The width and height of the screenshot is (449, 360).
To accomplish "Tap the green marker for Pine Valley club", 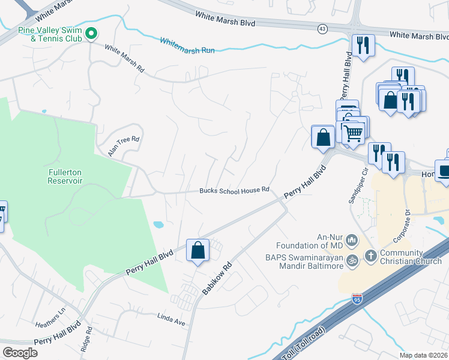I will pyautogui.click(x=91, y=34).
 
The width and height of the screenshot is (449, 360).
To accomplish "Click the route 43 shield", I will pyautogui.click(x=323, y=29).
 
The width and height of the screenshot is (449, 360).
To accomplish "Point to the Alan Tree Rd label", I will pyautogui.click(x=124, y=146).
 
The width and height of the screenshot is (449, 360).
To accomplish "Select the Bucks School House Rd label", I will pyautogui.click(x=234, y=190).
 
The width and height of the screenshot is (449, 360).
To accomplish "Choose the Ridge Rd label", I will pyautogui.click(x=89, y=338).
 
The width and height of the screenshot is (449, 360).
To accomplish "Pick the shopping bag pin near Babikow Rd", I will pyautogui.click(x=198, y=251).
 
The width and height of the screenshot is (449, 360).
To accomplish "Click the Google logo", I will pyautogui.click(x=20, y=353).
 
